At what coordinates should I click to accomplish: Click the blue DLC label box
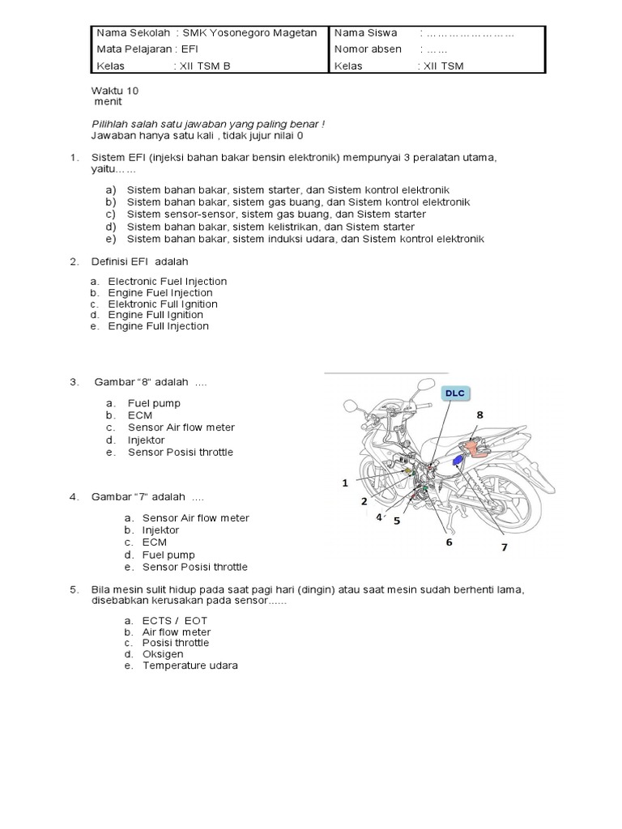click(454, 393)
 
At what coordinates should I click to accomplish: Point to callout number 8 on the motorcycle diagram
click(479, 414)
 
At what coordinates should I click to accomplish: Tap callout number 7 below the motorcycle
click(504, 547)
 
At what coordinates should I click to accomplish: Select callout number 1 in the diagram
click(344, 483)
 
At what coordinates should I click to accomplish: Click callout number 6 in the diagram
click(448, 542)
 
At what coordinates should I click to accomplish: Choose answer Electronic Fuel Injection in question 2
click(168, 281)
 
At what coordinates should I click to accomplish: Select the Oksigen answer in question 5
click(163, 654)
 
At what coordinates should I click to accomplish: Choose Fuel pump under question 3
click(154, 403)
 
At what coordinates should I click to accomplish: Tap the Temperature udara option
click(190, 665)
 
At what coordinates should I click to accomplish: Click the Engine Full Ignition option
click(155, 315)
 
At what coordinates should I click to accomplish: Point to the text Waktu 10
click(117, 91)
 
